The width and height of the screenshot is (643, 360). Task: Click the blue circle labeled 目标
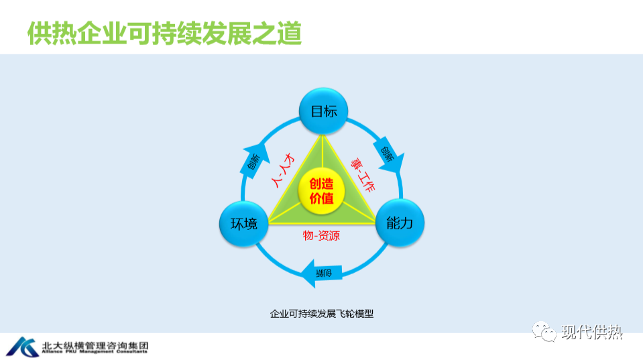pyautogui.click(x=323, y=111)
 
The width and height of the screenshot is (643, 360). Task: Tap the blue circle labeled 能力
pyautogui.click(x=400, y=223)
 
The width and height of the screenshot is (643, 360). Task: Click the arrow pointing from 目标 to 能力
pyautogui.click(x=390, y=156)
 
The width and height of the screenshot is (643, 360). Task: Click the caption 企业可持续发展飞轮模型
pyautogui.click(x=321, y=313)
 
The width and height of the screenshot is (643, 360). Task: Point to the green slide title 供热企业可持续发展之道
pyautogui.click(x=165, y=32)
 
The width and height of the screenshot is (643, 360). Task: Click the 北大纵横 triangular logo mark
pyautogui.click(x=23, y=345)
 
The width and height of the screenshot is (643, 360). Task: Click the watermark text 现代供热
pyautogui.click(x=593, y=331)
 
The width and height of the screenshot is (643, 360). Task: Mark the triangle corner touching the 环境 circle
pyautogui.click(x=270, y=223)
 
